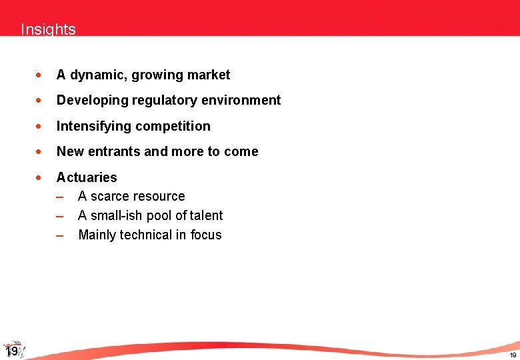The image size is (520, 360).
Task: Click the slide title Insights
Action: tap(48, 29)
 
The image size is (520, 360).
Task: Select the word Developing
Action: tap(88, 101)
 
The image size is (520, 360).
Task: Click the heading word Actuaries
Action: tap(87, 177)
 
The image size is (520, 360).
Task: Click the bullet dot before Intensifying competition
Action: tap(41, 127)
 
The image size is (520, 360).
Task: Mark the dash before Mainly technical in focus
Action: tap(60, 235)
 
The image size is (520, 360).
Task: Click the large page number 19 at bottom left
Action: tap(11, 352)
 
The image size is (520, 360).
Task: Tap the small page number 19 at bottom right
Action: tap(513, 355)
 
